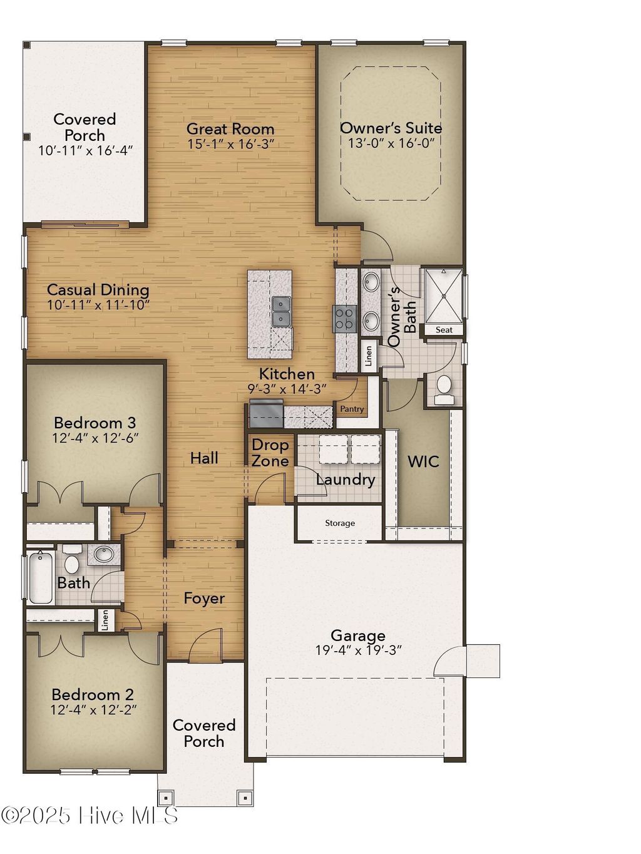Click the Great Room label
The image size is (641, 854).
coord(230,129)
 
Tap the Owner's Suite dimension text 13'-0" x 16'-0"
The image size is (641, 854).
coord(391,143)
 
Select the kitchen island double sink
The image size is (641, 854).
coord(282,311)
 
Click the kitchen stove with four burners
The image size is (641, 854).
coord(346,318)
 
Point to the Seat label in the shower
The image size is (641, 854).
coord(444,330)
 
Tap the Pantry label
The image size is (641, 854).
coord(352,409)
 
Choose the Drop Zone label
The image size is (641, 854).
coord(270,453)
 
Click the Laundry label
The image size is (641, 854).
coord(345,480)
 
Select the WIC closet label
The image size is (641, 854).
coord(423,462)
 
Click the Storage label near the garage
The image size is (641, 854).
coord(340,523)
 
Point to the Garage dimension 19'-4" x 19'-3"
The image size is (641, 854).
coord(358,651)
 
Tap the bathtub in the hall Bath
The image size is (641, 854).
coord(41,577)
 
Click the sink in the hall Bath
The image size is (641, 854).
coord(103,554)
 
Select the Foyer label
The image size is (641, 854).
coord(204,599)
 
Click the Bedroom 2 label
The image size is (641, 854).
coord(93,694)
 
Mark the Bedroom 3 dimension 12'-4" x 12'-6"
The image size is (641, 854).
coord(95,438)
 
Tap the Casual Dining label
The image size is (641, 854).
coord(98,290)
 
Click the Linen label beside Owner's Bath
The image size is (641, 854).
coord(369,356)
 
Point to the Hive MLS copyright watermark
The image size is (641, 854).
coord(90,815)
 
